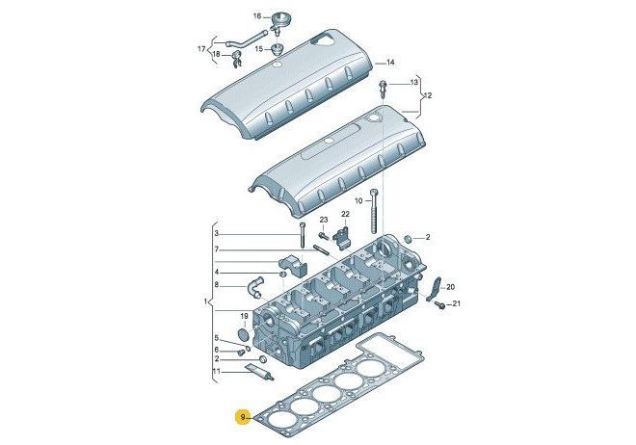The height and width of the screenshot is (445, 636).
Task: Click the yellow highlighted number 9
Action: click(243, 417)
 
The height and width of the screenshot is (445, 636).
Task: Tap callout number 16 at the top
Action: click(257, 16)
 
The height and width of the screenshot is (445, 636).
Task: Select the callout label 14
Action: click(390, 63)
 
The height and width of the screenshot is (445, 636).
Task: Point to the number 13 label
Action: click(413, 83)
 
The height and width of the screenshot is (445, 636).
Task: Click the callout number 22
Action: click(345, 214)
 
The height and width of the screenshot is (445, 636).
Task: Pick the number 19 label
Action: click(244, 316)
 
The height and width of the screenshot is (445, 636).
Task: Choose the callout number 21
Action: click(457, 302)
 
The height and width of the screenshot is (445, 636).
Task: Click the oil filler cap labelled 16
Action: click(278, 20)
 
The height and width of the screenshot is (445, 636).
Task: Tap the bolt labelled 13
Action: click(383, 89)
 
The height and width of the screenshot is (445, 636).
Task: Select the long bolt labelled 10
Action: click(374, 212)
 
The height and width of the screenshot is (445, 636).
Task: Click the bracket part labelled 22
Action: click(341, 237)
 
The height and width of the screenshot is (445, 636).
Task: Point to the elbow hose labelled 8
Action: click(253, 286)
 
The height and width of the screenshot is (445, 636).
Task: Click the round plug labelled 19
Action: click(244, 335)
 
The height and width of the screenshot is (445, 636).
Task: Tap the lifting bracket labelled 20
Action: click(435, 288)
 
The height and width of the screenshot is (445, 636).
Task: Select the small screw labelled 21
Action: click(439, 304)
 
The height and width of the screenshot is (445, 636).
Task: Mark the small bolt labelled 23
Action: click(323, 235)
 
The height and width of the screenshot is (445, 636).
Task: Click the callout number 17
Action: click(201, 49)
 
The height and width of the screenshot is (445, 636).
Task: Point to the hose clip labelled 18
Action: click(237, 59)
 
